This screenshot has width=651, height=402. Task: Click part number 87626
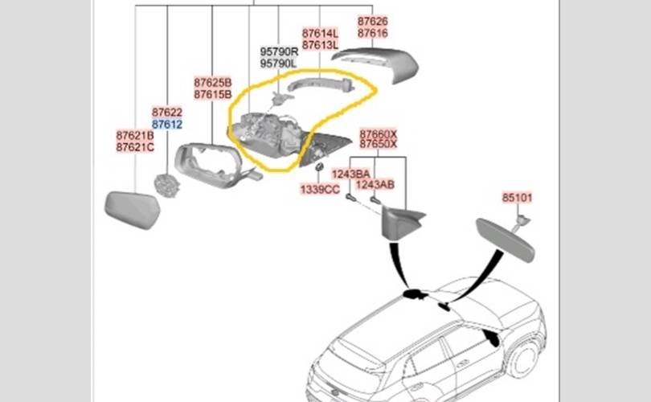point(372,21)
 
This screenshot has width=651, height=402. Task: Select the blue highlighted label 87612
point(167,124)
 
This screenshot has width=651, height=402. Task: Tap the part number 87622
point(167,112)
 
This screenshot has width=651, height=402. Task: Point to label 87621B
point(135,135)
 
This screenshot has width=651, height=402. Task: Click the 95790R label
point(279,52)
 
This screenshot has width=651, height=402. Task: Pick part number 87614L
point(320,33)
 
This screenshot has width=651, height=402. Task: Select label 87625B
point(212,83)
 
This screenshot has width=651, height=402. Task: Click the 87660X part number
point(379,134)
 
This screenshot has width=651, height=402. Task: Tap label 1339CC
point(320,190)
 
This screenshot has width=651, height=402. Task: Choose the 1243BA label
point(351,174)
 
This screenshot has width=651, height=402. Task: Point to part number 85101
point(517,198)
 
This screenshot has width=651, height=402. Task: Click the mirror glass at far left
point(133,210)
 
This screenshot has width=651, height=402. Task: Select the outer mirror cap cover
point(378,64)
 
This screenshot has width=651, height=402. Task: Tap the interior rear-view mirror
point(505,240)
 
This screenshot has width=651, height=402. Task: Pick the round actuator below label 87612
point(167,185)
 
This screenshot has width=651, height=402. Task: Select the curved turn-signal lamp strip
point(321,84)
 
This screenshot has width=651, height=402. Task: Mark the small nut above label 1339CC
point(319,167)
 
